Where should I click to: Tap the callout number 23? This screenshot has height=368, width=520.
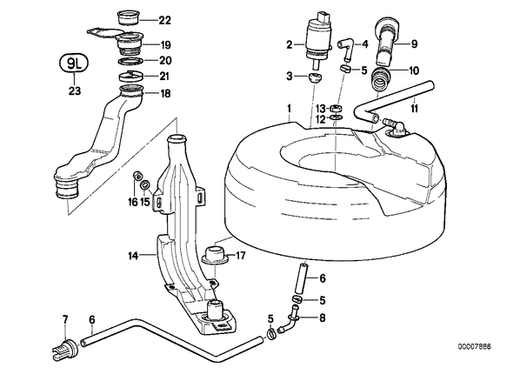click(75, 90)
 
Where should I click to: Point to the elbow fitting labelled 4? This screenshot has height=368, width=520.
click(346, 49)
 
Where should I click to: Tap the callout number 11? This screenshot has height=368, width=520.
click(414, 108)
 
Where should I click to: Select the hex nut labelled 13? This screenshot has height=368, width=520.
click(336, 108)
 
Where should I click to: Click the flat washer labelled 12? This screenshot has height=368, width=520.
click(336, 117)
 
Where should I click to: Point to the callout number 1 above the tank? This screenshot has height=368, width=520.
click(289, 108)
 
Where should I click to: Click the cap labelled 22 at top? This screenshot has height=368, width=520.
click(129, 18)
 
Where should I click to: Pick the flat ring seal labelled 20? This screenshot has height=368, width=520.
click(130, 62)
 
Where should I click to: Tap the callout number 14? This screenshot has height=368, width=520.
click(133, 256)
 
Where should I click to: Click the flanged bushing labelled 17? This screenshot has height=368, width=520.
click(215, 256)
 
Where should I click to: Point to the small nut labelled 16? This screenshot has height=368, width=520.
click(136, 175)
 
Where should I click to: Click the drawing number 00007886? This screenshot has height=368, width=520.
click(475, 347)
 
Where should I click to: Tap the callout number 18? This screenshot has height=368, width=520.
click(165, 94)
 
